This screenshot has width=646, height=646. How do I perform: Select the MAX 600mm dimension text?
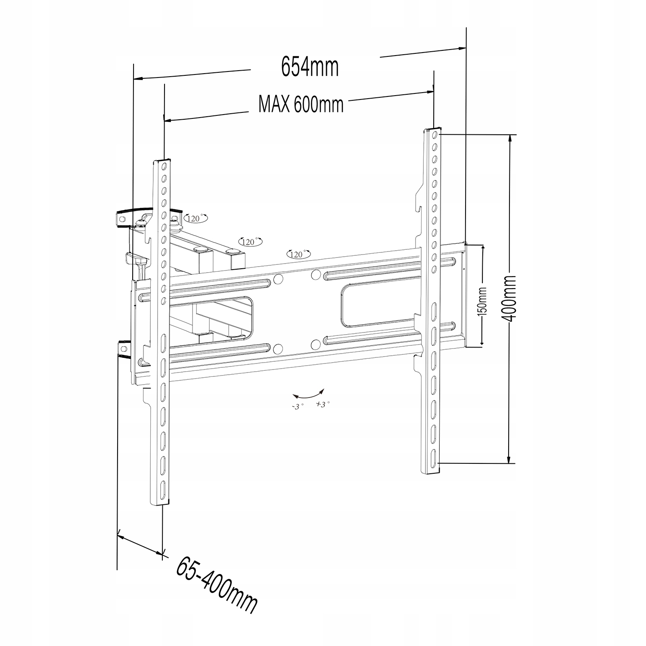click(x=301, y=104)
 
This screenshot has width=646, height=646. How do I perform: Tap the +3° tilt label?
click(x=323, y=404)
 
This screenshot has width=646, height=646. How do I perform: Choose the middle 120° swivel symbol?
click(x=250, y=242)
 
